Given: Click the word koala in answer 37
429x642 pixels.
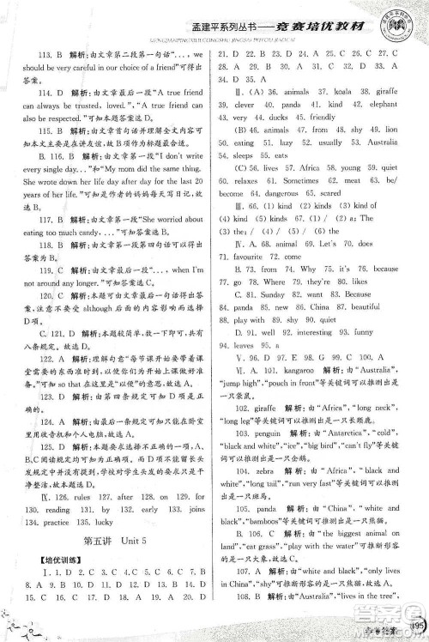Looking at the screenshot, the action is (x=345, y=112).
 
